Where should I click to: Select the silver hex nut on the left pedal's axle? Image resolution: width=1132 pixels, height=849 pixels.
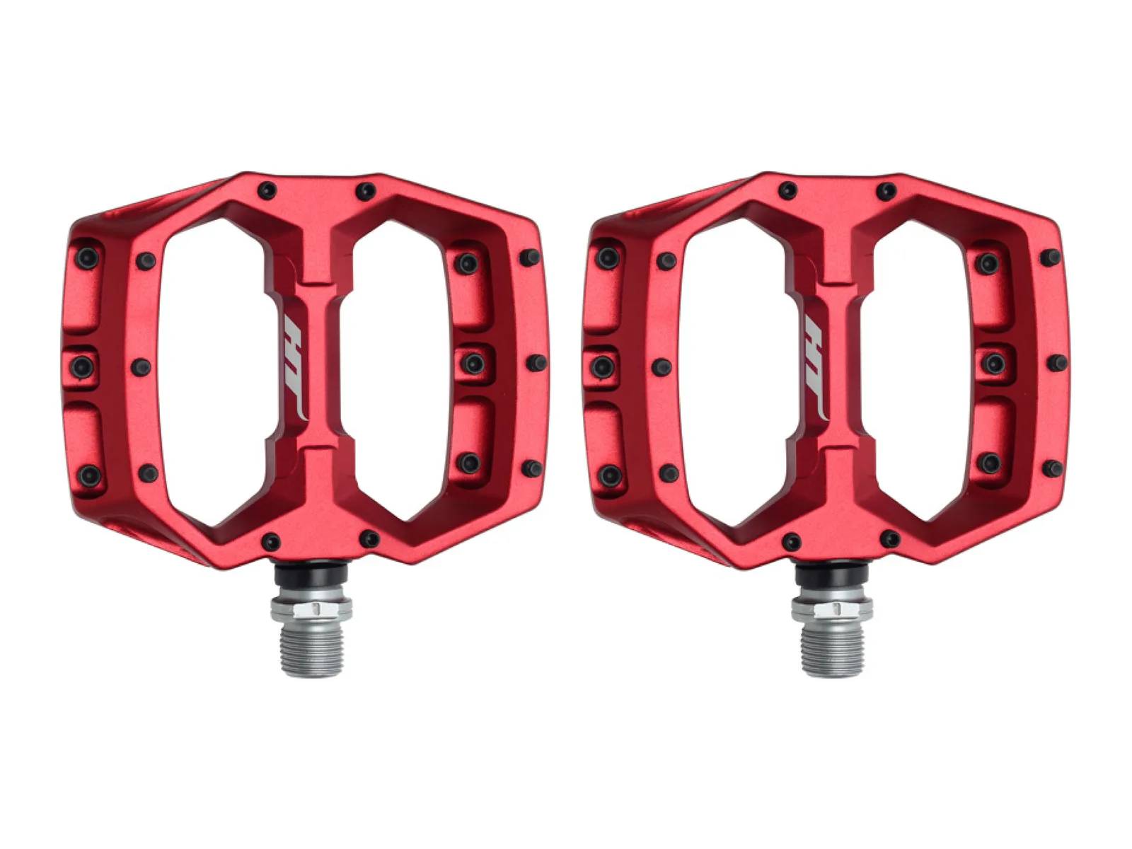tap(311, 608)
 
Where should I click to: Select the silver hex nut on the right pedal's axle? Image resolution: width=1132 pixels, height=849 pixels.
tap(832, 608)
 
